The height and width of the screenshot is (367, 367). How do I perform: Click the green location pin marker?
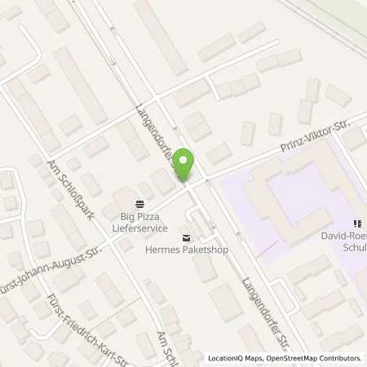click(x=187, y=164)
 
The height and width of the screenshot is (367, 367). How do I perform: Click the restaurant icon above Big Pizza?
click(x=139, y=204)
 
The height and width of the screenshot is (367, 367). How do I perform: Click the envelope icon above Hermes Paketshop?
click(x=188, y=238)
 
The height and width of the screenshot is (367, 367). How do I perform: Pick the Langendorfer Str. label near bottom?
click(x=270, y=311)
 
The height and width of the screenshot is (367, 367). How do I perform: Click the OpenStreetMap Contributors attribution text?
click(x=314, y=358)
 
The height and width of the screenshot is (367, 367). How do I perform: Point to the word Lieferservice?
click(x=139, y=231)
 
